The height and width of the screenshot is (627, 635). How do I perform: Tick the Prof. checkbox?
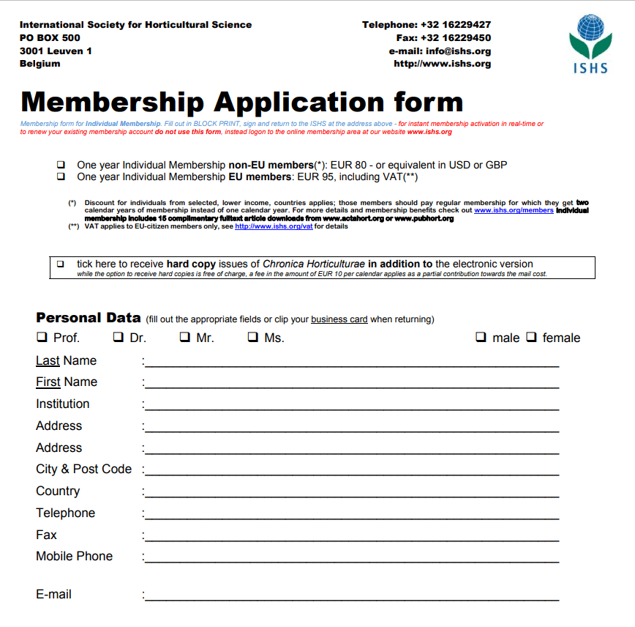pos(41,338)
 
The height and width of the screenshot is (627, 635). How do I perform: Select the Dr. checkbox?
pos(118,338)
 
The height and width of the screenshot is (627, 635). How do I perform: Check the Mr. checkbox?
pos(184,338)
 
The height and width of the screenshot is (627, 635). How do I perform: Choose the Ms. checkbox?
pos(252,338)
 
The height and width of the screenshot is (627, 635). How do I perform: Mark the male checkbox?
pos(481,338)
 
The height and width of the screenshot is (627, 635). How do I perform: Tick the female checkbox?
pos(532,338)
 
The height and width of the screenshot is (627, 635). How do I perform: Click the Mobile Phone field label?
pos(74,556)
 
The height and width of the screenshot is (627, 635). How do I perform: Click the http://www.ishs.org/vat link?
pos(274,226)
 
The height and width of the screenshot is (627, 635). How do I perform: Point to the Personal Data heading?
pos(88,318)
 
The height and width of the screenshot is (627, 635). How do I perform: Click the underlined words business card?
pos(339,319)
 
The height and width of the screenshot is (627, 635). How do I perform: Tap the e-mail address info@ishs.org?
pos(460,51)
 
